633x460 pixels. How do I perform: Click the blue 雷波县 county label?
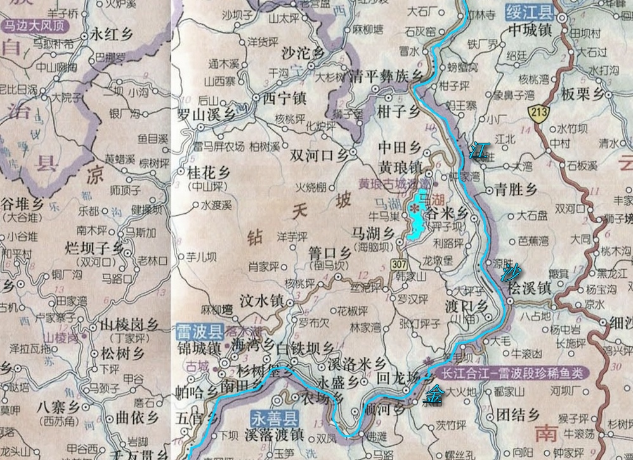200,331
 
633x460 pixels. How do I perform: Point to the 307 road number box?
399,264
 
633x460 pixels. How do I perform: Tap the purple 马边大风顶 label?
35,27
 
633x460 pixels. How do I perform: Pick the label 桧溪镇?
528,287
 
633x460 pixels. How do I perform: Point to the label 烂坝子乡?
96,248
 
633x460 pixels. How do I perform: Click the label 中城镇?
530,29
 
